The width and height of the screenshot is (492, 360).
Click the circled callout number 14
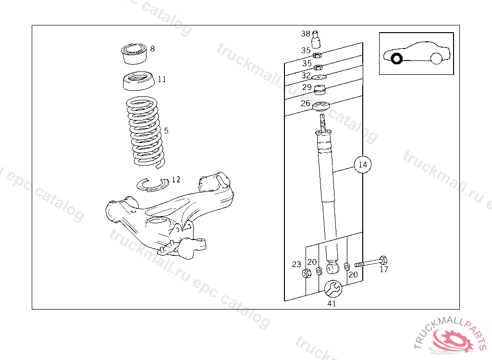363,165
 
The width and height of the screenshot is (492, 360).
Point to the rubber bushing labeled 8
134,53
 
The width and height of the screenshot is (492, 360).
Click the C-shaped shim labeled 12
152,184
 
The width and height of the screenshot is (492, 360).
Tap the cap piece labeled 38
317,39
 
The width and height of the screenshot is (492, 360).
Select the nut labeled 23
307,274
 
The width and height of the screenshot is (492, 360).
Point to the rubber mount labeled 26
321,107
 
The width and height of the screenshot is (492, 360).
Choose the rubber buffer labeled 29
320,90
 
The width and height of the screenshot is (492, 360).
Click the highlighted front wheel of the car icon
397,59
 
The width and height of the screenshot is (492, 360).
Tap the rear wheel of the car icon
436,59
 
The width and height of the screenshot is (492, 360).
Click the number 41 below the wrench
332,303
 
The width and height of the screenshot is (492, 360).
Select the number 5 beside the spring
166,131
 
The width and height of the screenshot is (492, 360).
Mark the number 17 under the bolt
384,270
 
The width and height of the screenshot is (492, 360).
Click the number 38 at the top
306,34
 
